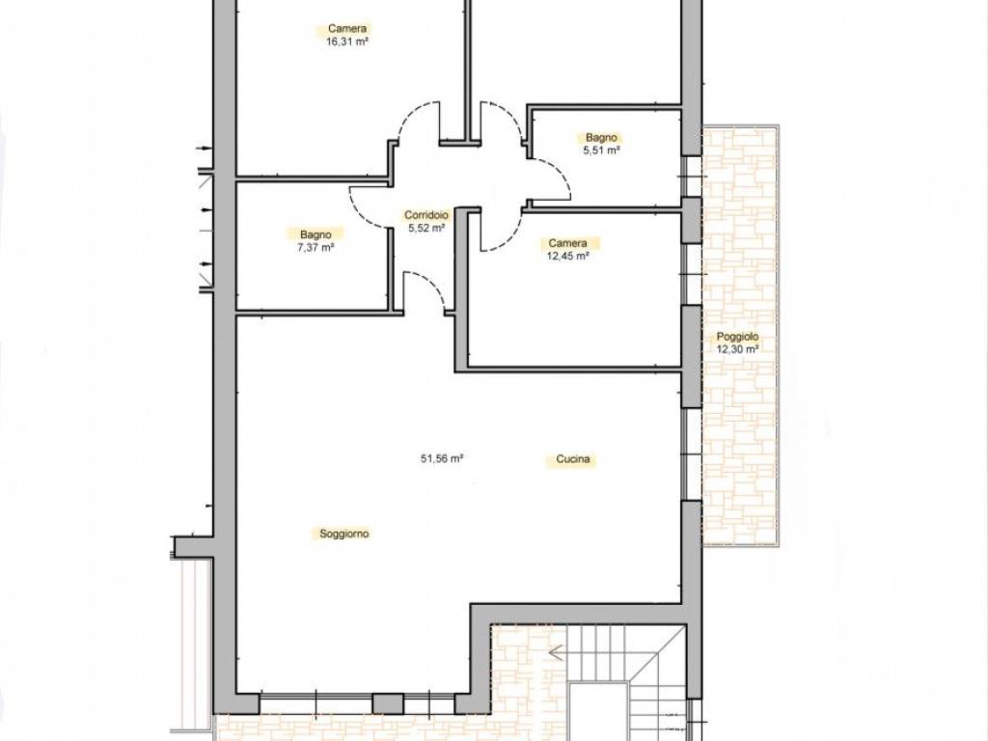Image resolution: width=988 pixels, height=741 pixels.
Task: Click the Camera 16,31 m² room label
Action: tap(347, 29)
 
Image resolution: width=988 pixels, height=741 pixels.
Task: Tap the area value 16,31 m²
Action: tap(347, 42)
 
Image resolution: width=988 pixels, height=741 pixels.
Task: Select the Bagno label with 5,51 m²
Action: tap(602, 137)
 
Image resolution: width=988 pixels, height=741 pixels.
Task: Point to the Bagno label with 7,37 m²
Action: tap(316, 234)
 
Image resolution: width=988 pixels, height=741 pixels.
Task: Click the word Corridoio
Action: tap(426, 215)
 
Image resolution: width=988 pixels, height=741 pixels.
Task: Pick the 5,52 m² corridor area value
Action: tap(426, 228)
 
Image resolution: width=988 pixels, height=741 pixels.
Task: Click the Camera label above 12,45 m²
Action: tap(567, 243)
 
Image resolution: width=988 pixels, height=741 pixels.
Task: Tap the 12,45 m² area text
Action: tap(567, 257)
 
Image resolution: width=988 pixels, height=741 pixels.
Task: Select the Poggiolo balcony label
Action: tap(737, 337)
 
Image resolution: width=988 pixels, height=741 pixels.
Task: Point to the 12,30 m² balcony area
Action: tap(737, 349)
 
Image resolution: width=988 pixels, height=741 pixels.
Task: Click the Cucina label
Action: tap(573, 459)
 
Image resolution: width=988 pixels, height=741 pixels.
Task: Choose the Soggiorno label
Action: tap(344, 534)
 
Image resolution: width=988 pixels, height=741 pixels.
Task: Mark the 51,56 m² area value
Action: tap(442, 458)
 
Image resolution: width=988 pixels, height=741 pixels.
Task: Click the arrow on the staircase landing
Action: tap(556, 652)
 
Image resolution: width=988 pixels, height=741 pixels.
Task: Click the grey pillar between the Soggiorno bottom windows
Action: tap(388, 703)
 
